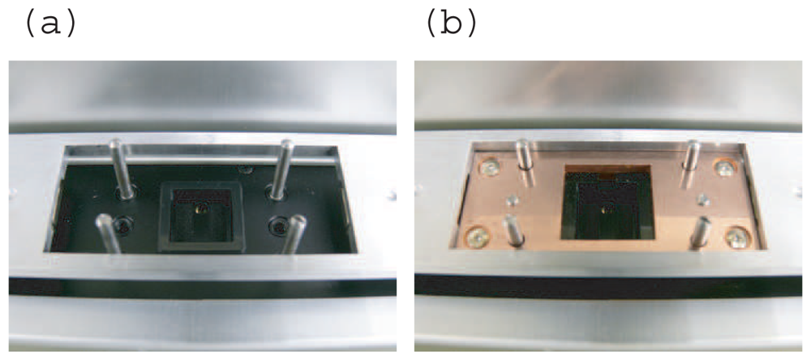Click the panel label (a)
(50, 24)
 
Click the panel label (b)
(451, 24)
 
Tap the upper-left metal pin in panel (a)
(122, 168)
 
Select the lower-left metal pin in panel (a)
(108, 234)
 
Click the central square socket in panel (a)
(202, 216)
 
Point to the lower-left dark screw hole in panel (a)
(123, 225)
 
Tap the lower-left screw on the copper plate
(477, 237)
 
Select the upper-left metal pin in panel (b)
(523, 154)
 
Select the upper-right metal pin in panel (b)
(692, 156)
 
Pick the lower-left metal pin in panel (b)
(513, 229)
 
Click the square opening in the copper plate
(607, 203)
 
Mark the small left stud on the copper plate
(512, 199)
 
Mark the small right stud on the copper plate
(703, 199)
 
